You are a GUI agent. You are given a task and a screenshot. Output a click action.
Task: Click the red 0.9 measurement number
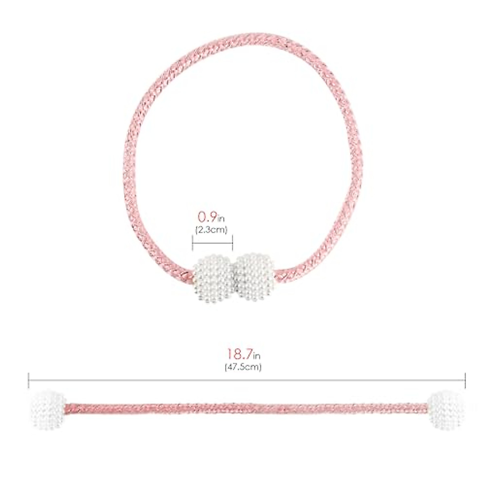pyautogui.click(x=207, y=217)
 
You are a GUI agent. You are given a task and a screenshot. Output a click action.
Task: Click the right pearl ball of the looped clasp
pyautogui.click(x=255, y=276)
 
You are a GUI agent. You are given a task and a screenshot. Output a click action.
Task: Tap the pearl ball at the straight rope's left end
pyautogui.click(x=48, y=410)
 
